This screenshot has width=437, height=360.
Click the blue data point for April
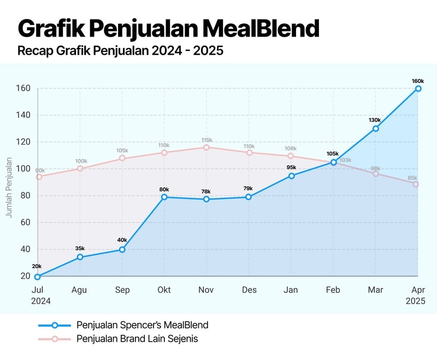coord(418,88)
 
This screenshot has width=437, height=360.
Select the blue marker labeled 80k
coord(164,197)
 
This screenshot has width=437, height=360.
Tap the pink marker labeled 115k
coord(206,147)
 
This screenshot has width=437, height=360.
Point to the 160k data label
coord(418,81)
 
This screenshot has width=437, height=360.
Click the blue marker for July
coord(37,276)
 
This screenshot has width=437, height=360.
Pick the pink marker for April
coord(416,184)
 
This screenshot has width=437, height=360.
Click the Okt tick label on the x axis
coord(164,290)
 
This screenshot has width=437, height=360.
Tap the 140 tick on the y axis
coord(22,115)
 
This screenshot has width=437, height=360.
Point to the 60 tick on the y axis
coord(25,222)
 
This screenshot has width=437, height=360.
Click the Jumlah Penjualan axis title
coord(9,187)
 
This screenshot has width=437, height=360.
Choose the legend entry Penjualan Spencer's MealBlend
coord(142,325)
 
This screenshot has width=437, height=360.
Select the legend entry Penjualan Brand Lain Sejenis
coord(137,339)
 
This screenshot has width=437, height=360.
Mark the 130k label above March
coord(375,120)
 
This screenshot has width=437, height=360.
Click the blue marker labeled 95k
coord(292,176)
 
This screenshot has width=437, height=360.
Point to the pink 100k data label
coord(81,161)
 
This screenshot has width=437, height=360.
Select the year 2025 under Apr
coord(415,301)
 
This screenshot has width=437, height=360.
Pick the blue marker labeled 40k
coord(122,250)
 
